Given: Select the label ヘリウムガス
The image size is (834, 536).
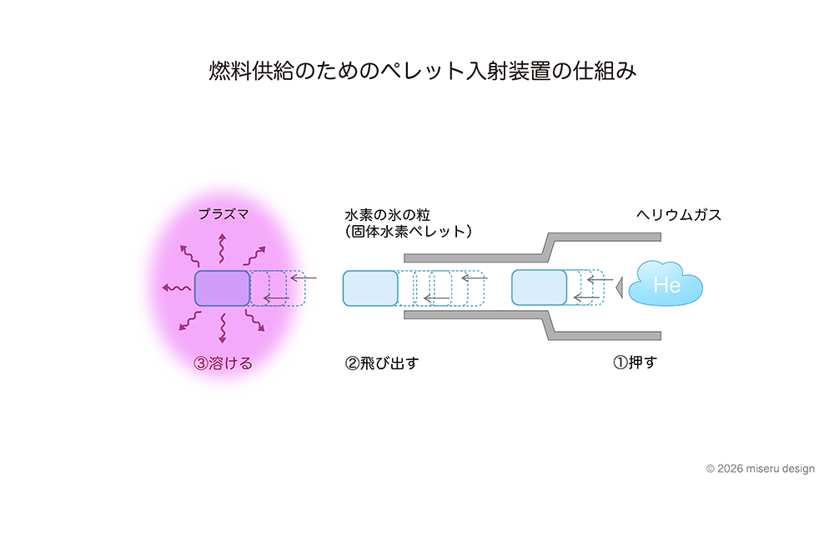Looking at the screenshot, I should coord(679,215).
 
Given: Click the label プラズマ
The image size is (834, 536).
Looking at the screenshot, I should coord(224,214).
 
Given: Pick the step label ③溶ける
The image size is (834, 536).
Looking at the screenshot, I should coord(223,363).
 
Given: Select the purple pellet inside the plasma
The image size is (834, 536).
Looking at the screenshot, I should coord(222,288).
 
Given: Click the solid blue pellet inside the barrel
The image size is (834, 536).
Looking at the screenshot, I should coord(539,288).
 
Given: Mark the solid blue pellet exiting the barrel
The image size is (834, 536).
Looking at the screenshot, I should coord(370,288).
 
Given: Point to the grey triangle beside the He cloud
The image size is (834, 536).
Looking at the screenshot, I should coord(619,288).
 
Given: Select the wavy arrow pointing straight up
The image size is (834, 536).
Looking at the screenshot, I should coord(222,248).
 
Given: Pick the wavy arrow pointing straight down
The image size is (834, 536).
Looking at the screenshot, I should coord(223,328).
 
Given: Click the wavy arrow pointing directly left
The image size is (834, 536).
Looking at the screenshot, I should coord(175,288).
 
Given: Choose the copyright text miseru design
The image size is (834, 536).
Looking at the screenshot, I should coord(760,468).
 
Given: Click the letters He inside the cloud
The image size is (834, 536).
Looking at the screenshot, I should coord(667,285).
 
